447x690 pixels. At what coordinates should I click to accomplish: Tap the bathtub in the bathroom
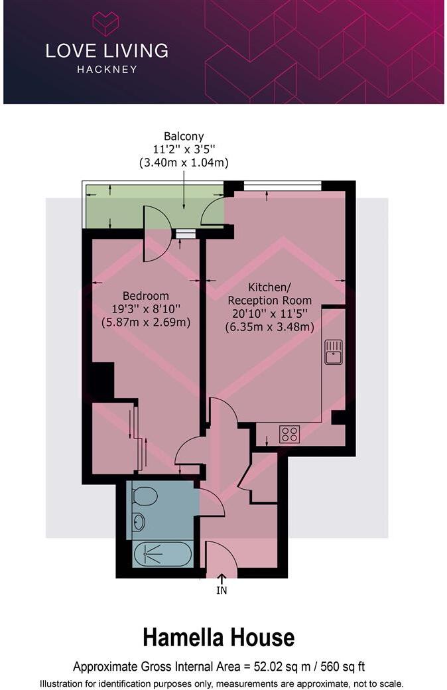162,554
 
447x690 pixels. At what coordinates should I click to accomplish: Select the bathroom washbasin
139,523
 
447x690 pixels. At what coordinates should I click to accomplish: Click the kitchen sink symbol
334,352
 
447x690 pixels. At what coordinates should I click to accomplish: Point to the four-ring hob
289,434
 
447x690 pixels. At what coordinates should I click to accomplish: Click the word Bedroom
146,296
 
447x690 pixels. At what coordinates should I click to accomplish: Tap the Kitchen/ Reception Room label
269,294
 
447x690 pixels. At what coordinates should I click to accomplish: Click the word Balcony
184,137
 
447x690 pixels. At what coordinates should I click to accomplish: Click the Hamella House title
218,638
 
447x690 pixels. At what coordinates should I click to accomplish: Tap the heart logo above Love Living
105,24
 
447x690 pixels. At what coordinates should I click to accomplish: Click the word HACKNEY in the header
106,69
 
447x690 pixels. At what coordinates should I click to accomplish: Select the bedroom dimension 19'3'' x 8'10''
146,309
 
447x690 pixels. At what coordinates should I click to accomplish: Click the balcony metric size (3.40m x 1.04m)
184,163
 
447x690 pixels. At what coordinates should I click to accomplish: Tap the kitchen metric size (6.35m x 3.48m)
269,326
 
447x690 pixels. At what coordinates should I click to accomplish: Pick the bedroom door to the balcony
156,234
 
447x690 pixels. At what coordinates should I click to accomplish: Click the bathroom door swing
211,502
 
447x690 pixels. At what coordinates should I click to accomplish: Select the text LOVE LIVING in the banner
106,50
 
